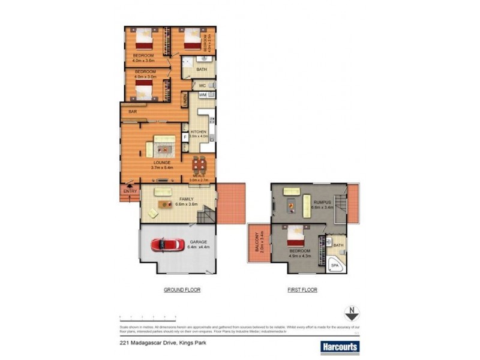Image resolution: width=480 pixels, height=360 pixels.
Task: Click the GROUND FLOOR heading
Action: point(182,290)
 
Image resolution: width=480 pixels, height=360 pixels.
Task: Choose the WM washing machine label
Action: point(203,95)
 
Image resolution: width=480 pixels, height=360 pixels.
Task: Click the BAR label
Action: point(133,112)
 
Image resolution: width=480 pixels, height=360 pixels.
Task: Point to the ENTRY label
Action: point(130,191)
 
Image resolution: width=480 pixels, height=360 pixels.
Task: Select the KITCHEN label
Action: point(199,132)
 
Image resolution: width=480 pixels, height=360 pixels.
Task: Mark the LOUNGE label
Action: point(161,162)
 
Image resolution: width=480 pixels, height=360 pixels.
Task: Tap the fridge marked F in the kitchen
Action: point(185,137)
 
